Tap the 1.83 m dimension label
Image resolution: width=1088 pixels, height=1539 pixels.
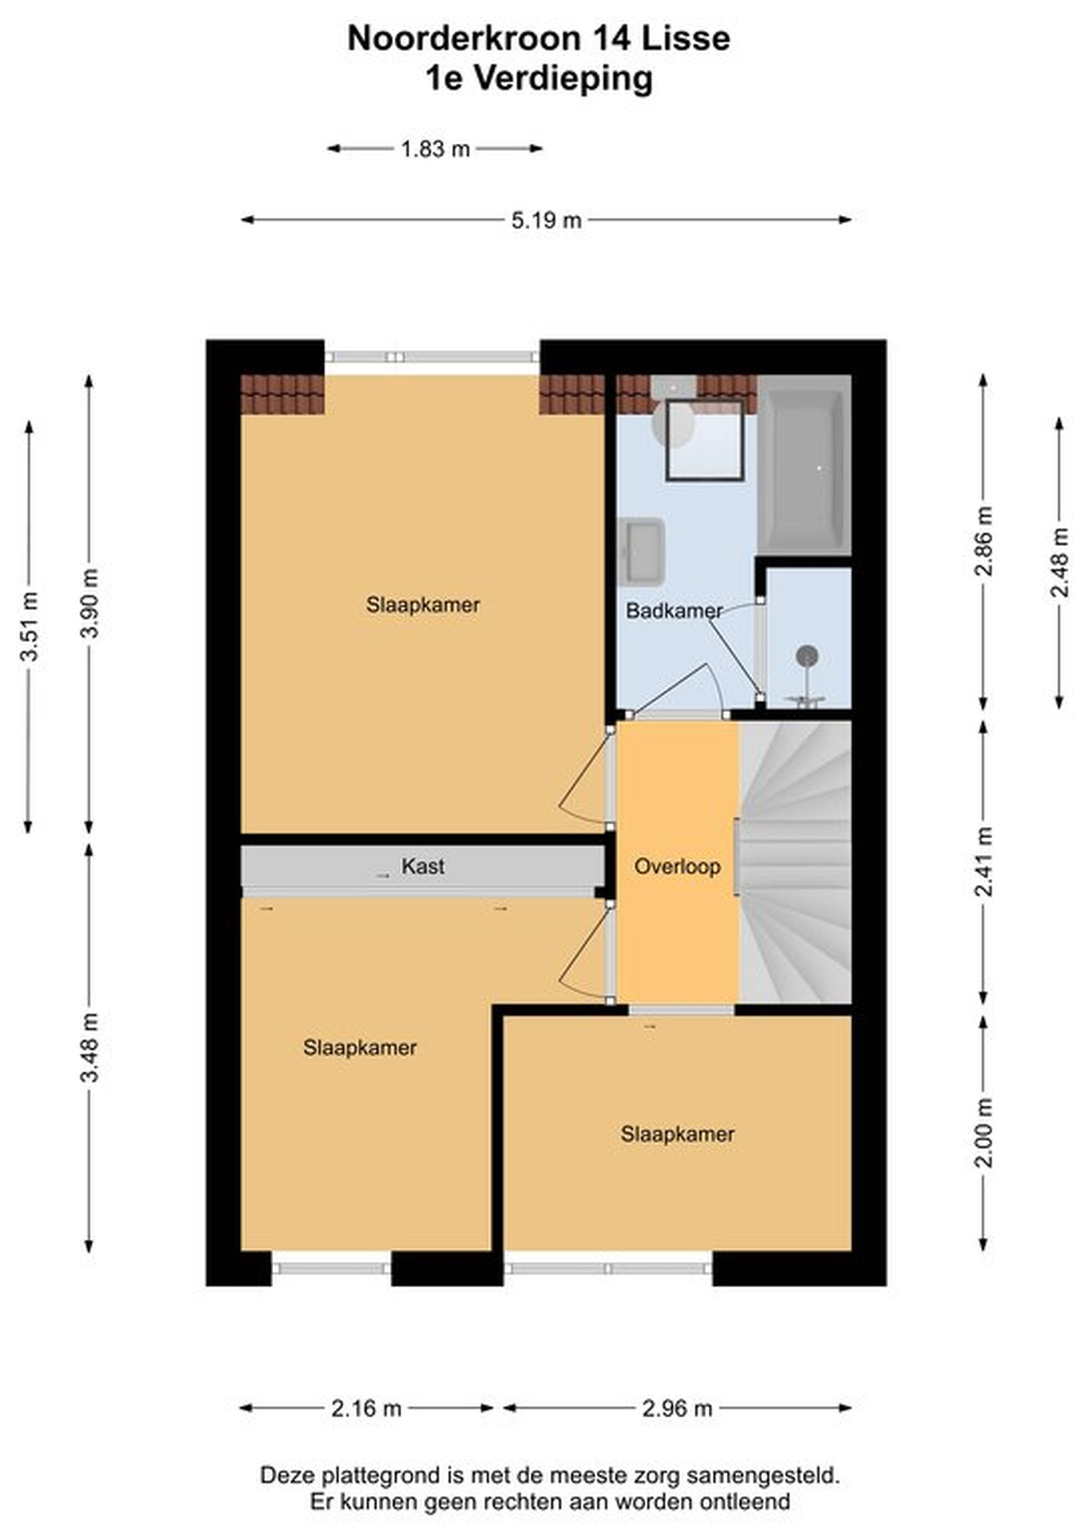(435, 149)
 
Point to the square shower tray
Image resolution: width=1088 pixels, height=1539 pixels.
(705, 440)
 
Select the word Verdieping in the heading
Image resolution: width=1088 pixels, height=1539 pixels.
(563, 79)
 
